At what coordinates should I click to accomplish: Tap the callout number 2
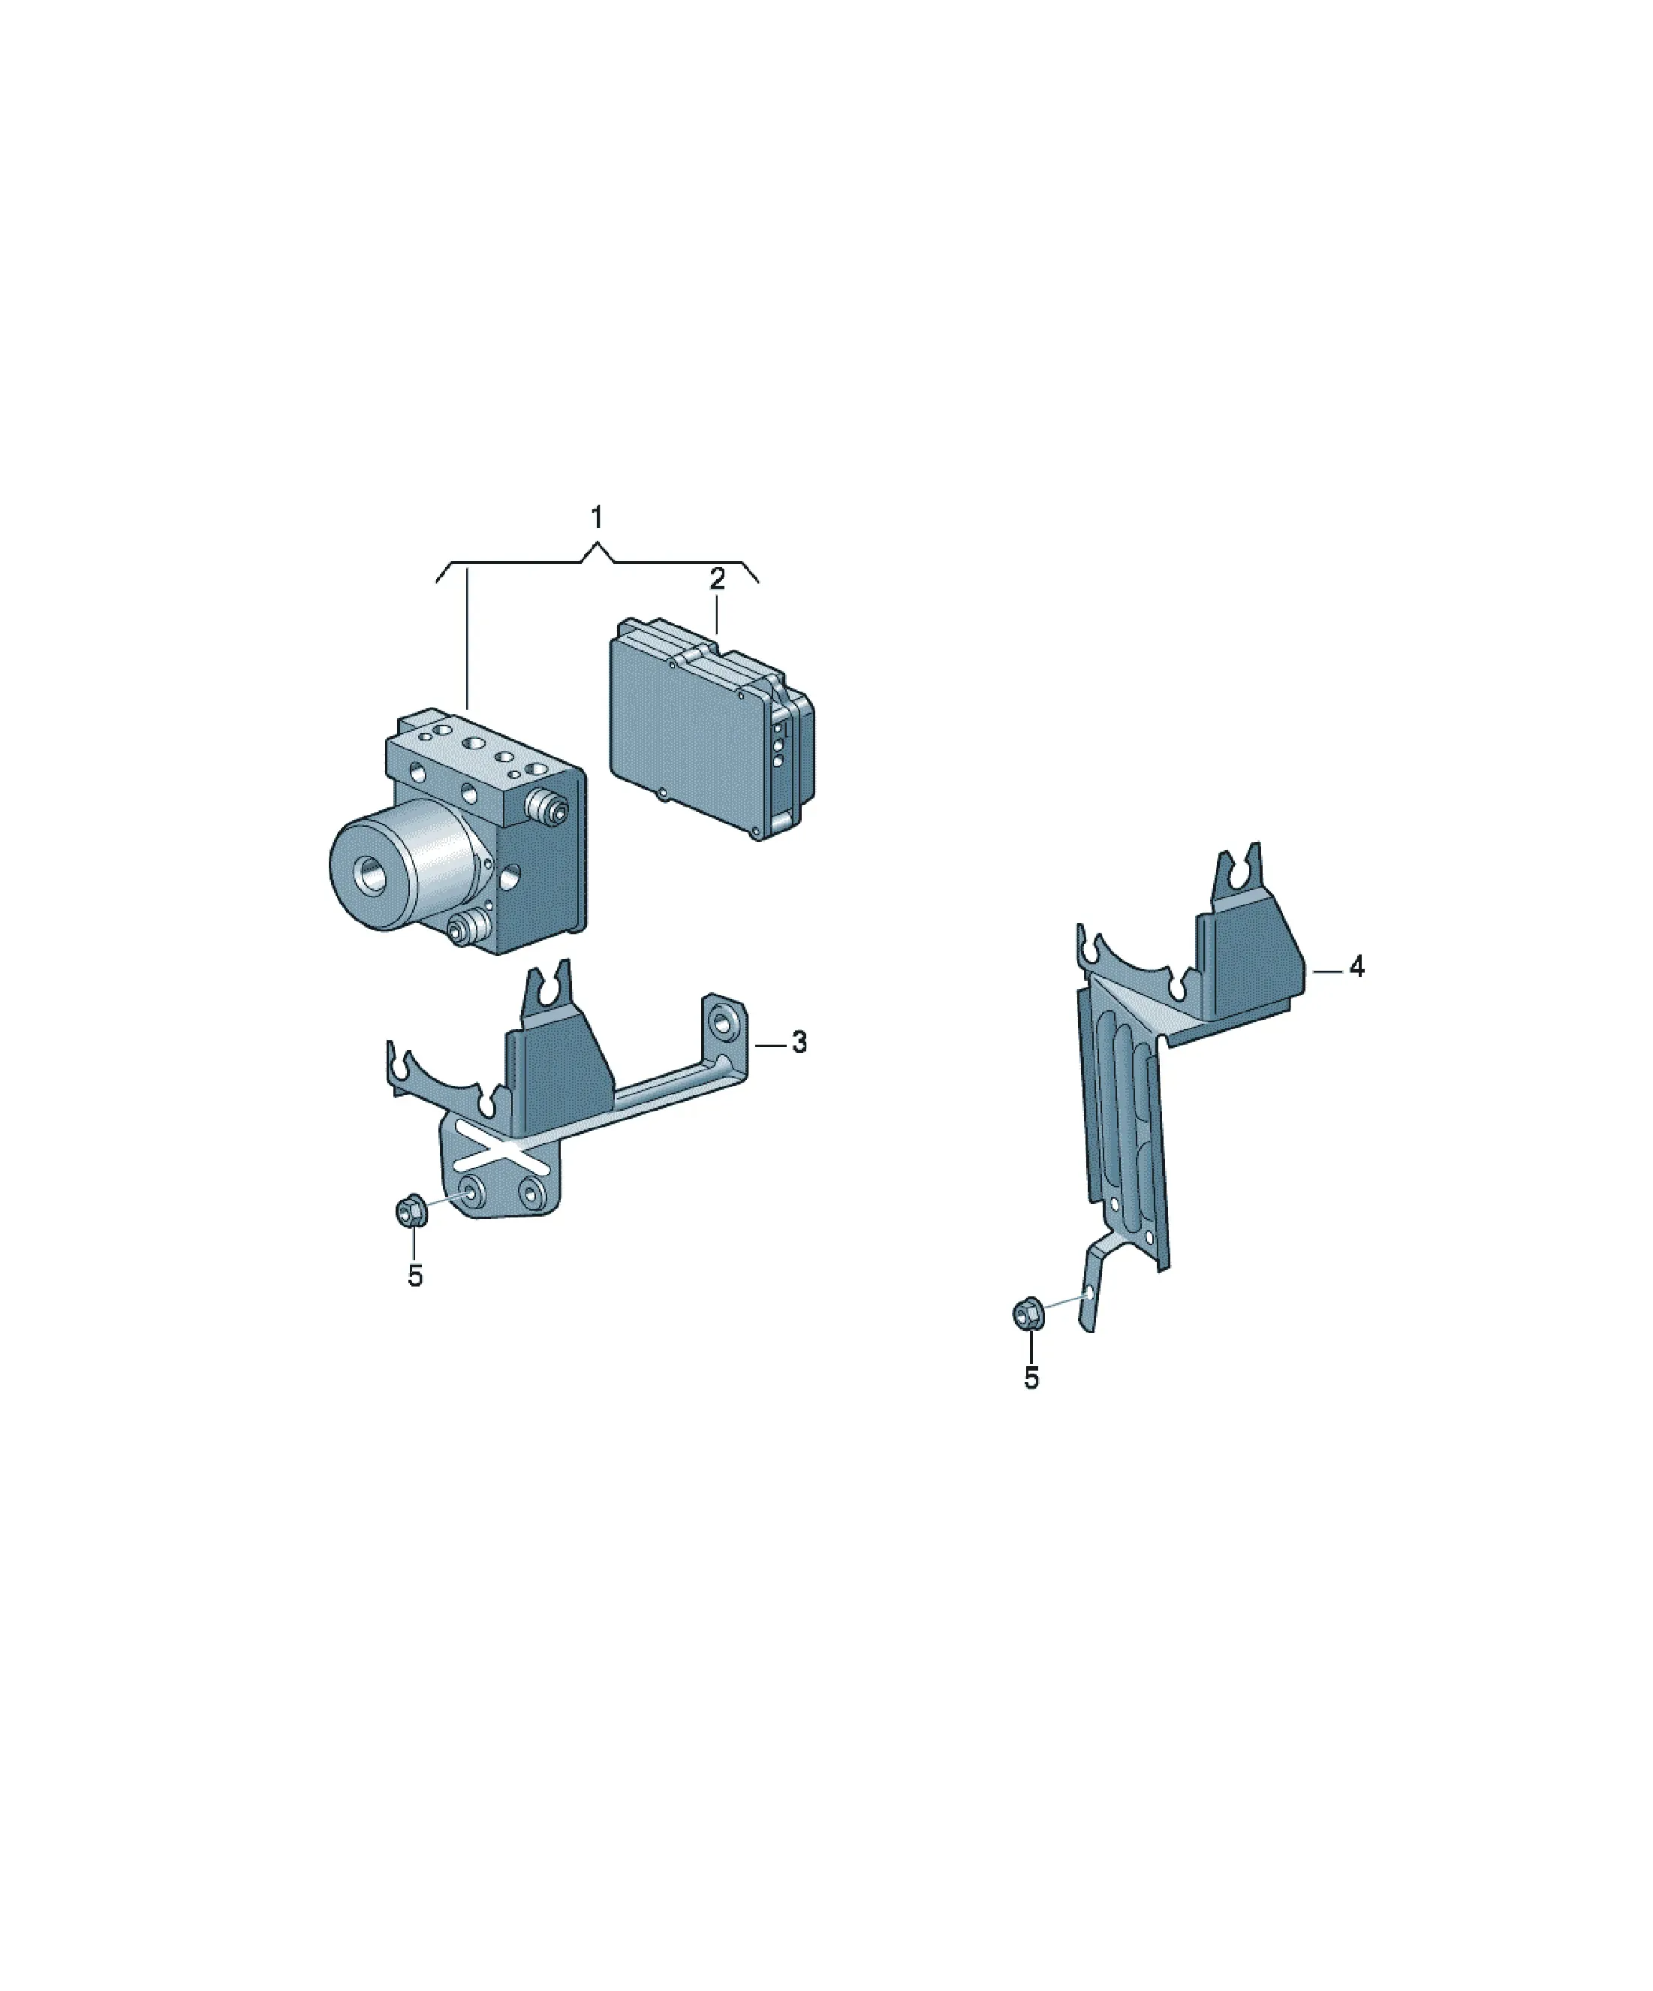[x=718, y=578]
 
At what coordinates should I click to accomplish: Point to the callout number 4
[x=1356, y=967]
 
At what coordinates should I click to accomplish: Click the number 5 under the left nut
[x=415, y=1276]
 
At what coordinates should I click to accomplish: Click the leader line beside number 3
[x=772, y=1044]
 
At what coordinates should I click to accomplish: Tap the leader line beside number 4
[x=1328, y=970]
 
